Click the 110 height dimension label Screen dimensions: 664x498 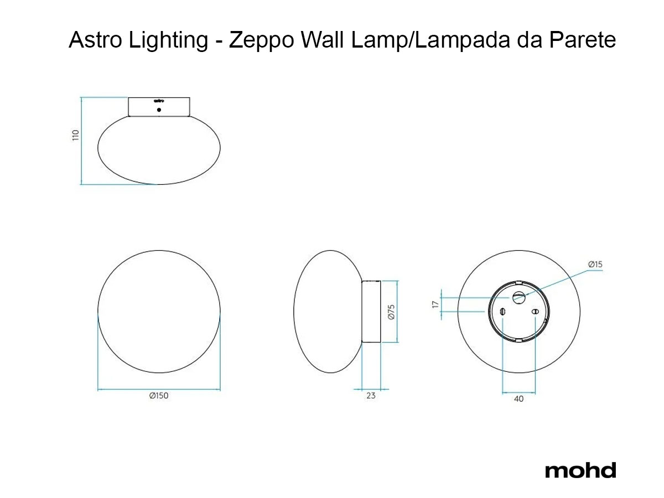[x=76, y=135]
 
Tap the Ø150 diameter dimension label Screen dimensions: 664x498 [x=159, y=396]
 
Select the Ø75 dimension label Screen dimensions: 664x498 [x=391, y=312]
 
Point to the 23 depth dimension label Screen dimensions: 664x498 [x=371, y=396]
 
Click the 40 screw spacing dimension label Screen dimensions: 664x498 [x=518, y=399]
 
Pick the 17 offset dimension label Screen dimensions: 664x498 [x=435, y=304]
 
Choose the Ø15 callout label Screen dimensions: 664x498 [x=595, y=264]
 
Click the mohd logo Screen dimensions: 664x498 [x=580, y=470]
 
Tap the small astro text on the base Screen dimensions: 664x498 [x=159, y=101]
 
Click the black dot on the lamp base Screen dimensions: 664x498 [x=159, y=110]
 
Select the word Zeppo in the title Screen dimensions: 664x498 [x=261, y=40]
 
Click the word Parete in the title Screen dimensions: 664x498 [x=582, y=40]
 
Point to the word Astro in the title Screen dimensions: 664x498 [x=95, y=40]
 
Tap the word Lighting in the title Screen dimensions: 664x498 [x=169, y=40]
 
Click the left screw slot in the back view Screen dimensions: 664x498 [x=502, y=312]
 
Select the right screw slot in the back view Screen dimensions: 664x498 [x=535, y=312]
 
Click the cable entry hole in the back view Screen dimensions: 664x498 [x=519, y=298]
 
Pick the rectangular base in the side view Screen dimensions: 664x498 [x=371, y=312]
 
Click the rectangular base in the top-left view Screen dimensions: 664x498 [x=159, y=107]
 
